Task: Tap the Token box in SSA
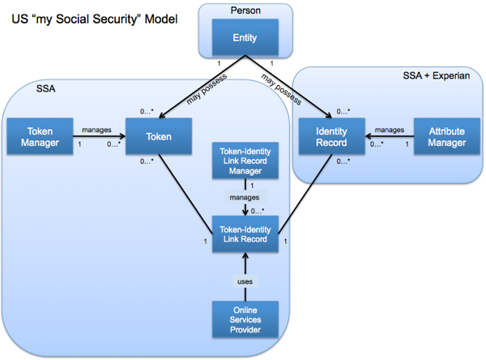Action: point(158,137)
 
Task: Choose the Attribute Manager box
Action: point(447,137)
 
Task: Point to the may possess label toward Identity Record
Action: point(281,89)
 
